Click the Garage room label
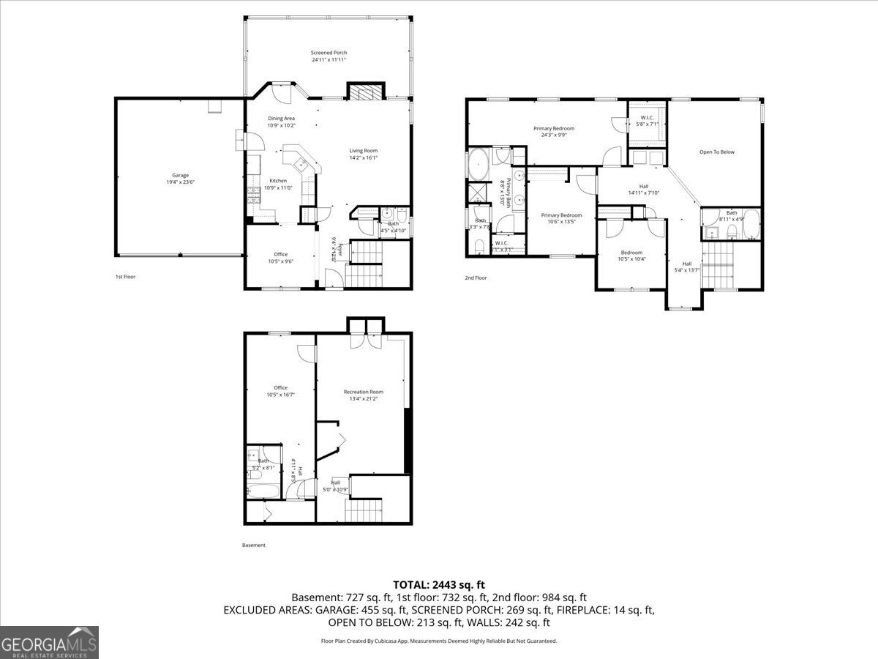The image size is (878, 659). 180,175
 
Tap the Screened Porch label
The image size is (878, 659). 329,53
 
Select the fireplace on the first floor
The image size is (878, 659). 364,92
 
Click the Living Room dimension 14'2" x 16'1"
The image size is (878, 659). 363,157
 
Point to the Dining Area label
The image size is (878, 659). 281,118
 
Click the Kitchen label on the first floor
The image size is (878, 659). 278,181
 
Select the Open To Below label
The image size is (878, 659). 716,152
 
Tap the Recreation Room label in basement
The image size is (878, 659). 364,392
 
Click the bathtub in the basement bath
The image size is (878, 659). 262,491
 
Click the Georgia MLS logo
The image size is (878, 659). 49,642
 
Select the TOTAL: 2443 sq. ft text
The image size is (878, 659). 439,584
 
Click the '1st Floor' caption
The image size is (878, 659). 125,277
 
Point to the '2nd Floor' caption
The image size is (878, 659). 476,278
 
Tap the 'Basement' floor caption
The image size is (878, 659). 254,545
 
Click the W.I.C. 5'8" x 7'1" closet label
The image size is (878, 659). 648,120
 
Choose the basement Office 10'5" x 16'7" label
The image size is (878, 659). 280,391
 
